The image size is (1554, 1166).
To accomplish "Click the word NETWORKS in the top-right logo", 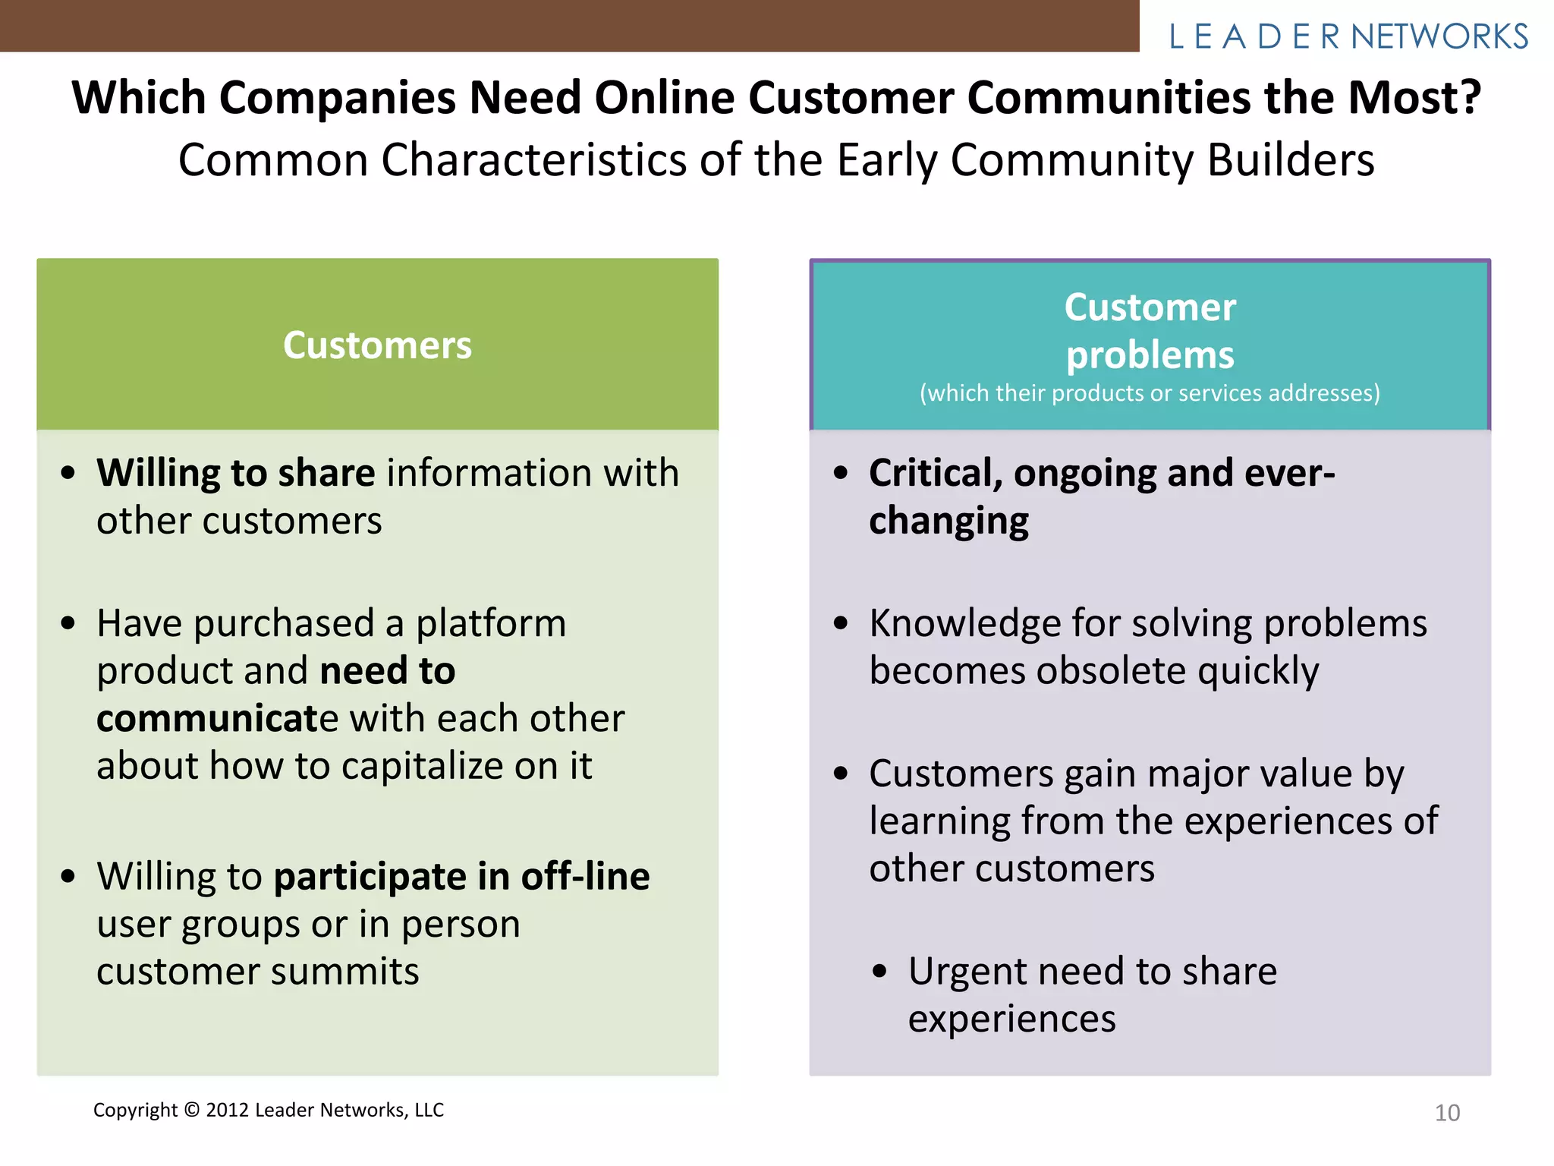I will pos(1439,36).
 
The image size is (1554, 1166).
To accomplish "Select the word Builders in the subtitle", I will pos(1290,160).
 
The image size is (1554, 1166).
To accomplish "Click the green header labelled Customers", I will pos(377,345).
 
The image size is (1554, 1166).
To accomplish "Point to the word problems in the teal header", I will pos(1150,355).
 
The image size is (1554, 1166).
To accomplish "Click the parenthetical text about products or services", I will pos(1150,393).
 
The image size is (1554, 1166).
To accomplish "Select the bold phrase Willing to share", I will pos(235,474).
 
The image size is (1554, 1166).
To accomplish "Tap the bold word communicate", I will pos(218,719).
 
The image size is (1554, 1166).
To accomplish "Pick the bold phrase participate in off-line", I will pos(461,877).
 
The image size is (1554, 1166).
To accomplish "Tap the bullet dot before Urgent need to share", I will pos(879,972).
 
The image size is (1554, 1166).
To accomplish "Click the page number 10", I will pos(1447,1113).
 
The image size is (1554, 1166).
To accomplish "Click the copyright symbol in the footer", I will pos(191,1111).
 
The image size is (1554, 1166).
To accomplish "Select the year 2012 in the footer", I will pos(228,1111).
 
